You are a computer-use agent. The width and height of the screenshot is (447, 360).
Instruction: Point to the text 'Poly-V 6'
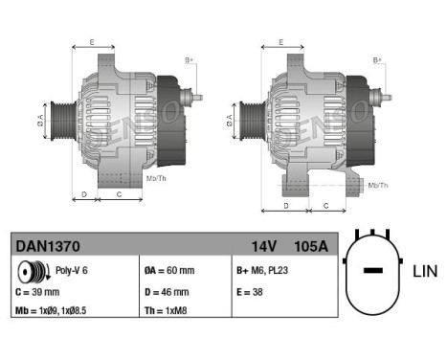(x=72, y=272)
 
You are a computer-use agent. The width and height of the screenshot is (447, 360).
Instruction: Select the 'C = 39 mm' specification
(x=39, y=292)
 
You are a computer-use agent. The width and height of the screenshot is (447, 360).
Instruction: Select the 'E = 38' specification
(x=252, y=292)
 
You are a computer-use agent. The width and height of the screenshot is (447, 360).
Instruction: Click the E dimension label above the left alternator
(x=92, y=41)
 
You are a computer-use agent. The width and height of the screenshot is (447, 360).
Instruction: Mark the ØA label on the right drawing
(x=230, y=122)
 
